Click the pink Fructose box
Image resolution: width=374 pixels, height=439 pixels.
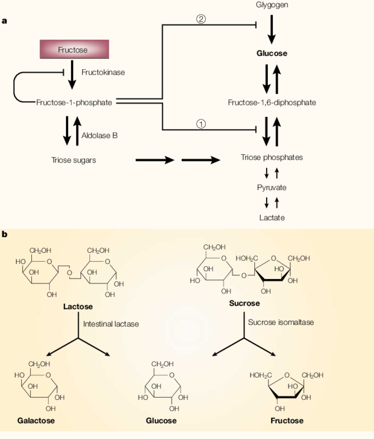pyautogui.click(x=74, y=49)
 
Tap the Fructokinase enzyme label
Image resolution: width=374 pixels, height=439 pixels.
pyautogui.click(x=103, y=72)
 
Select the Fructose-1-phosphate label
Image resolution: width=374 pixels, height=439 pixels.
pyautogui.click(x=74, y=103)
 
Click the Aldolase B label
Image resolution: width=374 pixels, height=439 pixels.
pyautogui.click(x=99, y=136)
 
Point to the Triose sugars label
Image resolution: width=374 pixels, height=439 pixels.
pyautogui.click(x=73, y=160)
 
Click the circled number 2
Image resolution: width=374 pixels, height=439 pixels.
pyautogui.click(x=201, y=19)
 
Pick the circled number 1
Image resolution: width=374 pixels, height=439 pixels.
pyautogui.click(x=201, y=124)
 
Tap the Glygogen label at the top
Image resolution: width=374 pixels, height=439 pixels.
pyautogui.click(x=272, y=5)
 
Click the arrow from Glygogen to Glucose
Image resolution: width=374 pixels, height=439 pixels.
pyautogui.click(x=271, y=29)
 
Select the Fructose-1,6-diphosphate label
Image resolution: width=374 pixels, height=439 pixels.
pyautogui.click(x=272, y=103)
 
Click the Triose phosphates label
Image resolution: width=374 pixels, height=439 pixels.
pyautogui.click(x=272, y=157)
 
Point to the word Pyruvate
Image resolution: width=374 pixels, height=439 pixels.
pyautogui.click(x=272, y=188)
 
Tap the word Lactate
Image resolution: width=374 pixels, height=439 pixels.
pyautogui.click(x=272, y=218)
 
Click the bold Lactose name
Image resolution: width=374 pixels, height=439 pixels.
pyautogui.click(x=78, y=307)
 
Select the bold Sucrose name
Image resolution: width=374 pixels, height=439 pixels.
pyautogui.click(x=244, y=303)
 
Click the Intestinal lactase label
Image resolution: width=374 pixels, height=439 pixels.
pyautogui.click(x=111, y=324)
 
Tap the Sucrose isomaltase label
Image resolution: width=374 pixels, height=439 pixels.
pyautogui.click(x=281, y=322)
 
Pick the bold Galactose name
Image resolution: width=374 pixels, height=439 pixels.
pyautogui.click(x=36, y=420)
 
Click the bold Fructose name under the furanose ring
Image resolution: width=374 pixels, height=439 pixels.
pyautogui.click(x=287, y=420)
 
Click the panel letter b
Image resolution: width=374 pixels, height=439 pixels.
pyautogui.click(x=4, y=234)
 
